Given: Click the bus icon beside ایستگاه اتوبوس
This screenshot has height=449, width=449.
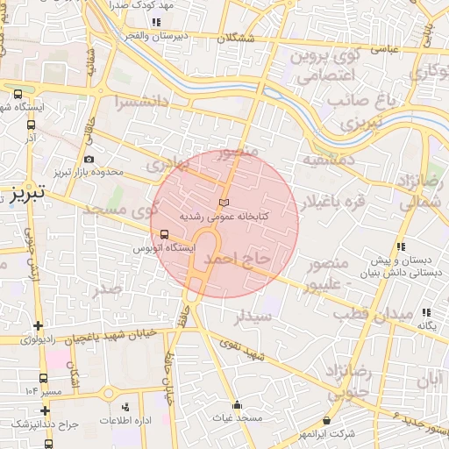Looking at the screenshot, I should coord(164,234).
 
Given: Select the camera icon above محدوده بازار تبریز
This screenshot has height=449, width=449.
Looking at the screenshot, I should coord(89,160).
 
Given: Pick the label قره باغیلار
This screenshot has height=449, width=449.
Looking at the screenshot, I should coord(334,203).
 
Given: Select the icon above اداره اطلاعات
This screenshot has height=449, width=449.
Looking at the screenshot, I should coord(125,407).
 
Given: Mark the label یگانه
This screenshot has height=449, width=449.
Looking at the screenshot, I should coord(426,325).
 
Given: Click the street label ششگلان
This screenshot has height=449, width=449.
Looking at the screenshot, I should coord(240,39).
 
